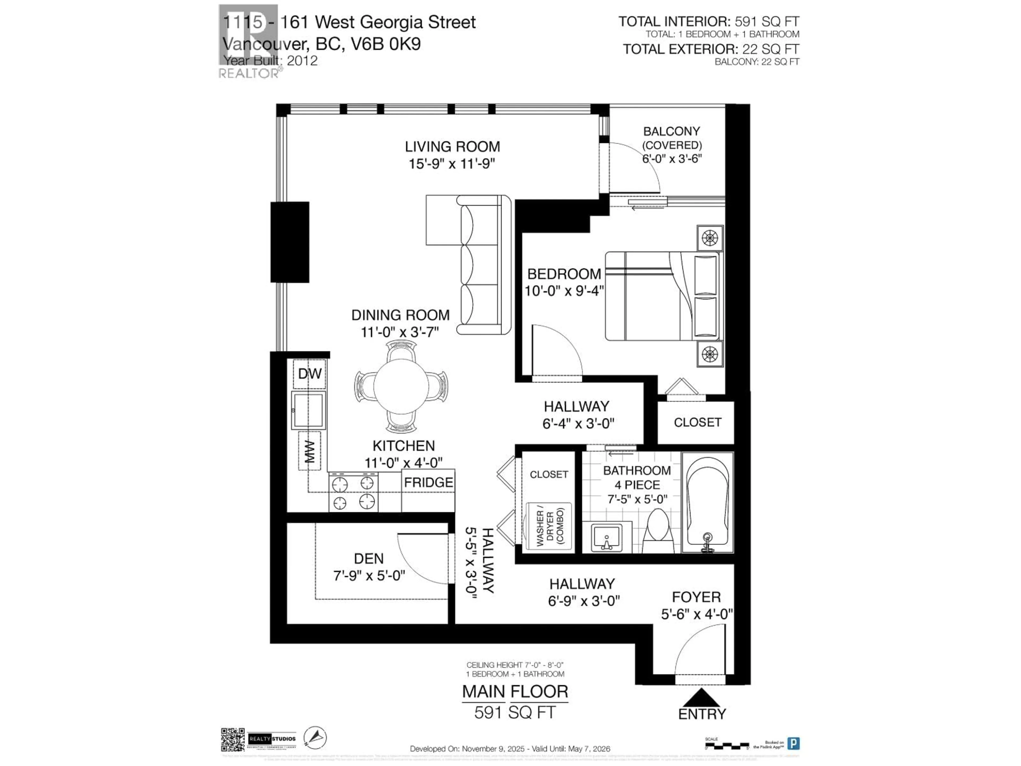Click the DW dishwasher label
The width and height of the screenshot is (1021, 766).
point(309,373)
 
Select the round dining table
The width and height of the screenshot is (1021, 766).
point(401,386)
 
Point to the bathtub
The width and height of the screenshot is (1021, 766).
point(707,502)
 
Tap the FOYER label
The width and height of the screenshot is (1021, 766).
point(696,597)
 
